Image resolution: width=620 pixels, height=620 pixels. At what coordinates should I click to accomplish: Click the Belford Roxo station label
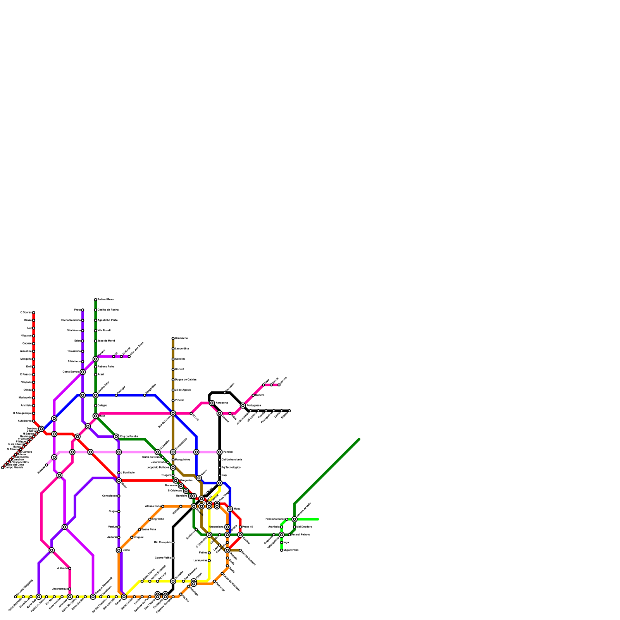[x=105, y=300]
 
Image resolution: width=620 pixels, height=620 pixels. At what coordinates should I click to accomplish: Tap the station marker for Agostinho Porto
[x=95, y=320]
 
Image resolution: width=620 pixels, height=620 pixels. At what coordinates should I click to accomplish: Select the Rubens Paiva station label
[x=106, y=367]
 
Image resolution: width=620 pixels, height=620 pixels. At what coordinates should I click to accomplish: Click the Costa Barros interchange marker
[x=83, y=372]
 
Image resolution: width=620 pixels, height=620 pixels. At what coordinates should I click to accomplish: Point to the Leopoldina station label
[x=182, y=349]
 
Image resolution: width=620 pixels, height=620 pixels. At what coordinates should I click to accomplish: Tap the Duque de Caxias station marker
[x=173, y=380]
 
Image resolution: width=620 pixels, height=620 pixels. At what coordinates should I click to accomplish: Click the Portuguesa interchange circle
[x=243, y=406]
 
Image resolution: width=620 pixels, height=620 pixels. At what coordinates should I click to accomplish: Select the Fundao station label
[x=228, y=452]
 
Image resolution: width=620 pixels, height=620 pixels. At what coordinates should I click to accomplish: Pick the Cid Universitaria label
[x=232, y=460]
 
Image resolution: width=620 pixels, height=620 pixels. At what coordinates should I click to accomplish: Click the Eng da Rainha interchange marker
[x=116, y=437]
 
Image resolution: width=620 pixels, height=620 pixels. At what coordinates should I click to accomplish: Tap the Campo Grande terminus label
[x=14, y=467]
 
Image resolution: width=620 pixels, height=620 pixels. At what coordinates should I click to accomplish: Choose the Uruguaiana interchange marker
[x=227, y=527]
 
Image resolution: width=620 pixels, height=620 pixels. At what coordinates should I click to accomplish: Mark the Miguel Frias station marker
[x=281, y=550]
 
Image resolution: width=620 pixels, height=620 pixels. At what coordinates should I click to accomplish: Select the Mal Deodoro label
[x=304, y=527]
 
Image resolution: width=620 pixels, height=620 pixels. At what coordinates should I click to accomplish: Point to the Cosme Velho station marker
[x=173, y=558]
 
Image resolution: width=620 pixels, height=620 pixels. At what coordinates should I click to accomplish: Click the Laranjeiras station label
[x=200, y=561]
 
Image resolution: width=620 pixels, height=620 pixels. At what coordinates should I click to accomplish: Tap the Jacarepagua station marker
[x=69, y=589]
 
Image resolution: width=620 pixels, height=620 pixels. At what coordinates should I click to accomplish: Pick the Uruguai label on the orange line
[x=138, y=537]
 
